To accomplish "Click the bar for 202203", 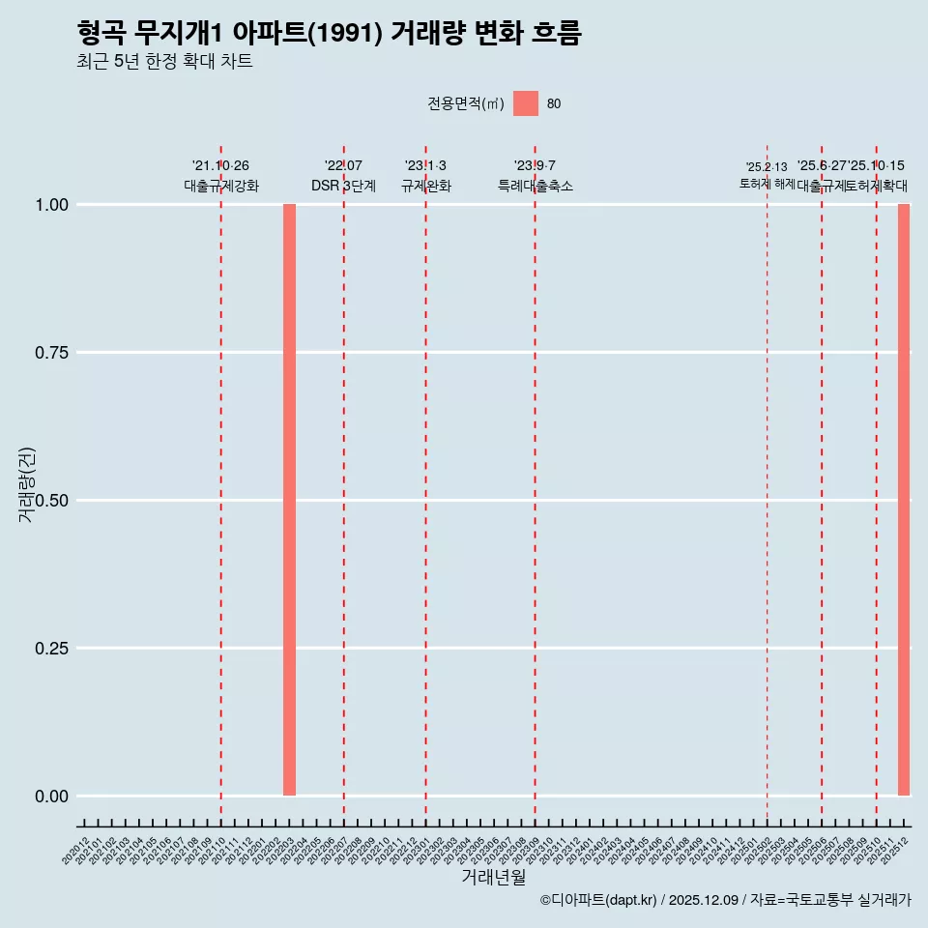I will pos(289,500).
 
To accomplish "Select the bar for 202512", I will pos(904,500).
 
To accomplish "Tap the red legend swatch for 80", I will pos(525,103).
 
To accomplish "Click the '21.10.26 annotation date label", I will pos(220,166).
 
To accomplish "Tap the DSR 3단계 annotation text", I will pos(343,186).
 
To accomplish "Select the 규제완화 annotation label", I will pos(425,186).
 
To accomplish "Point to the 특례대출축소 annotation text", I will pos(535,186).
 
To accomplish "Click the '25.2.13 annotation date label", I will pos(767,167).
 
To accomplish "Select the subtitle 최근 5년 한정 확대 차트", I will pos(164,62).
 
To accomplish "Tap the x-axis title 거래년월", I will pos(493,878).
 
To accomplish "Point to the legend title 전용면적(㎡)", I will pos(465,103).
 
